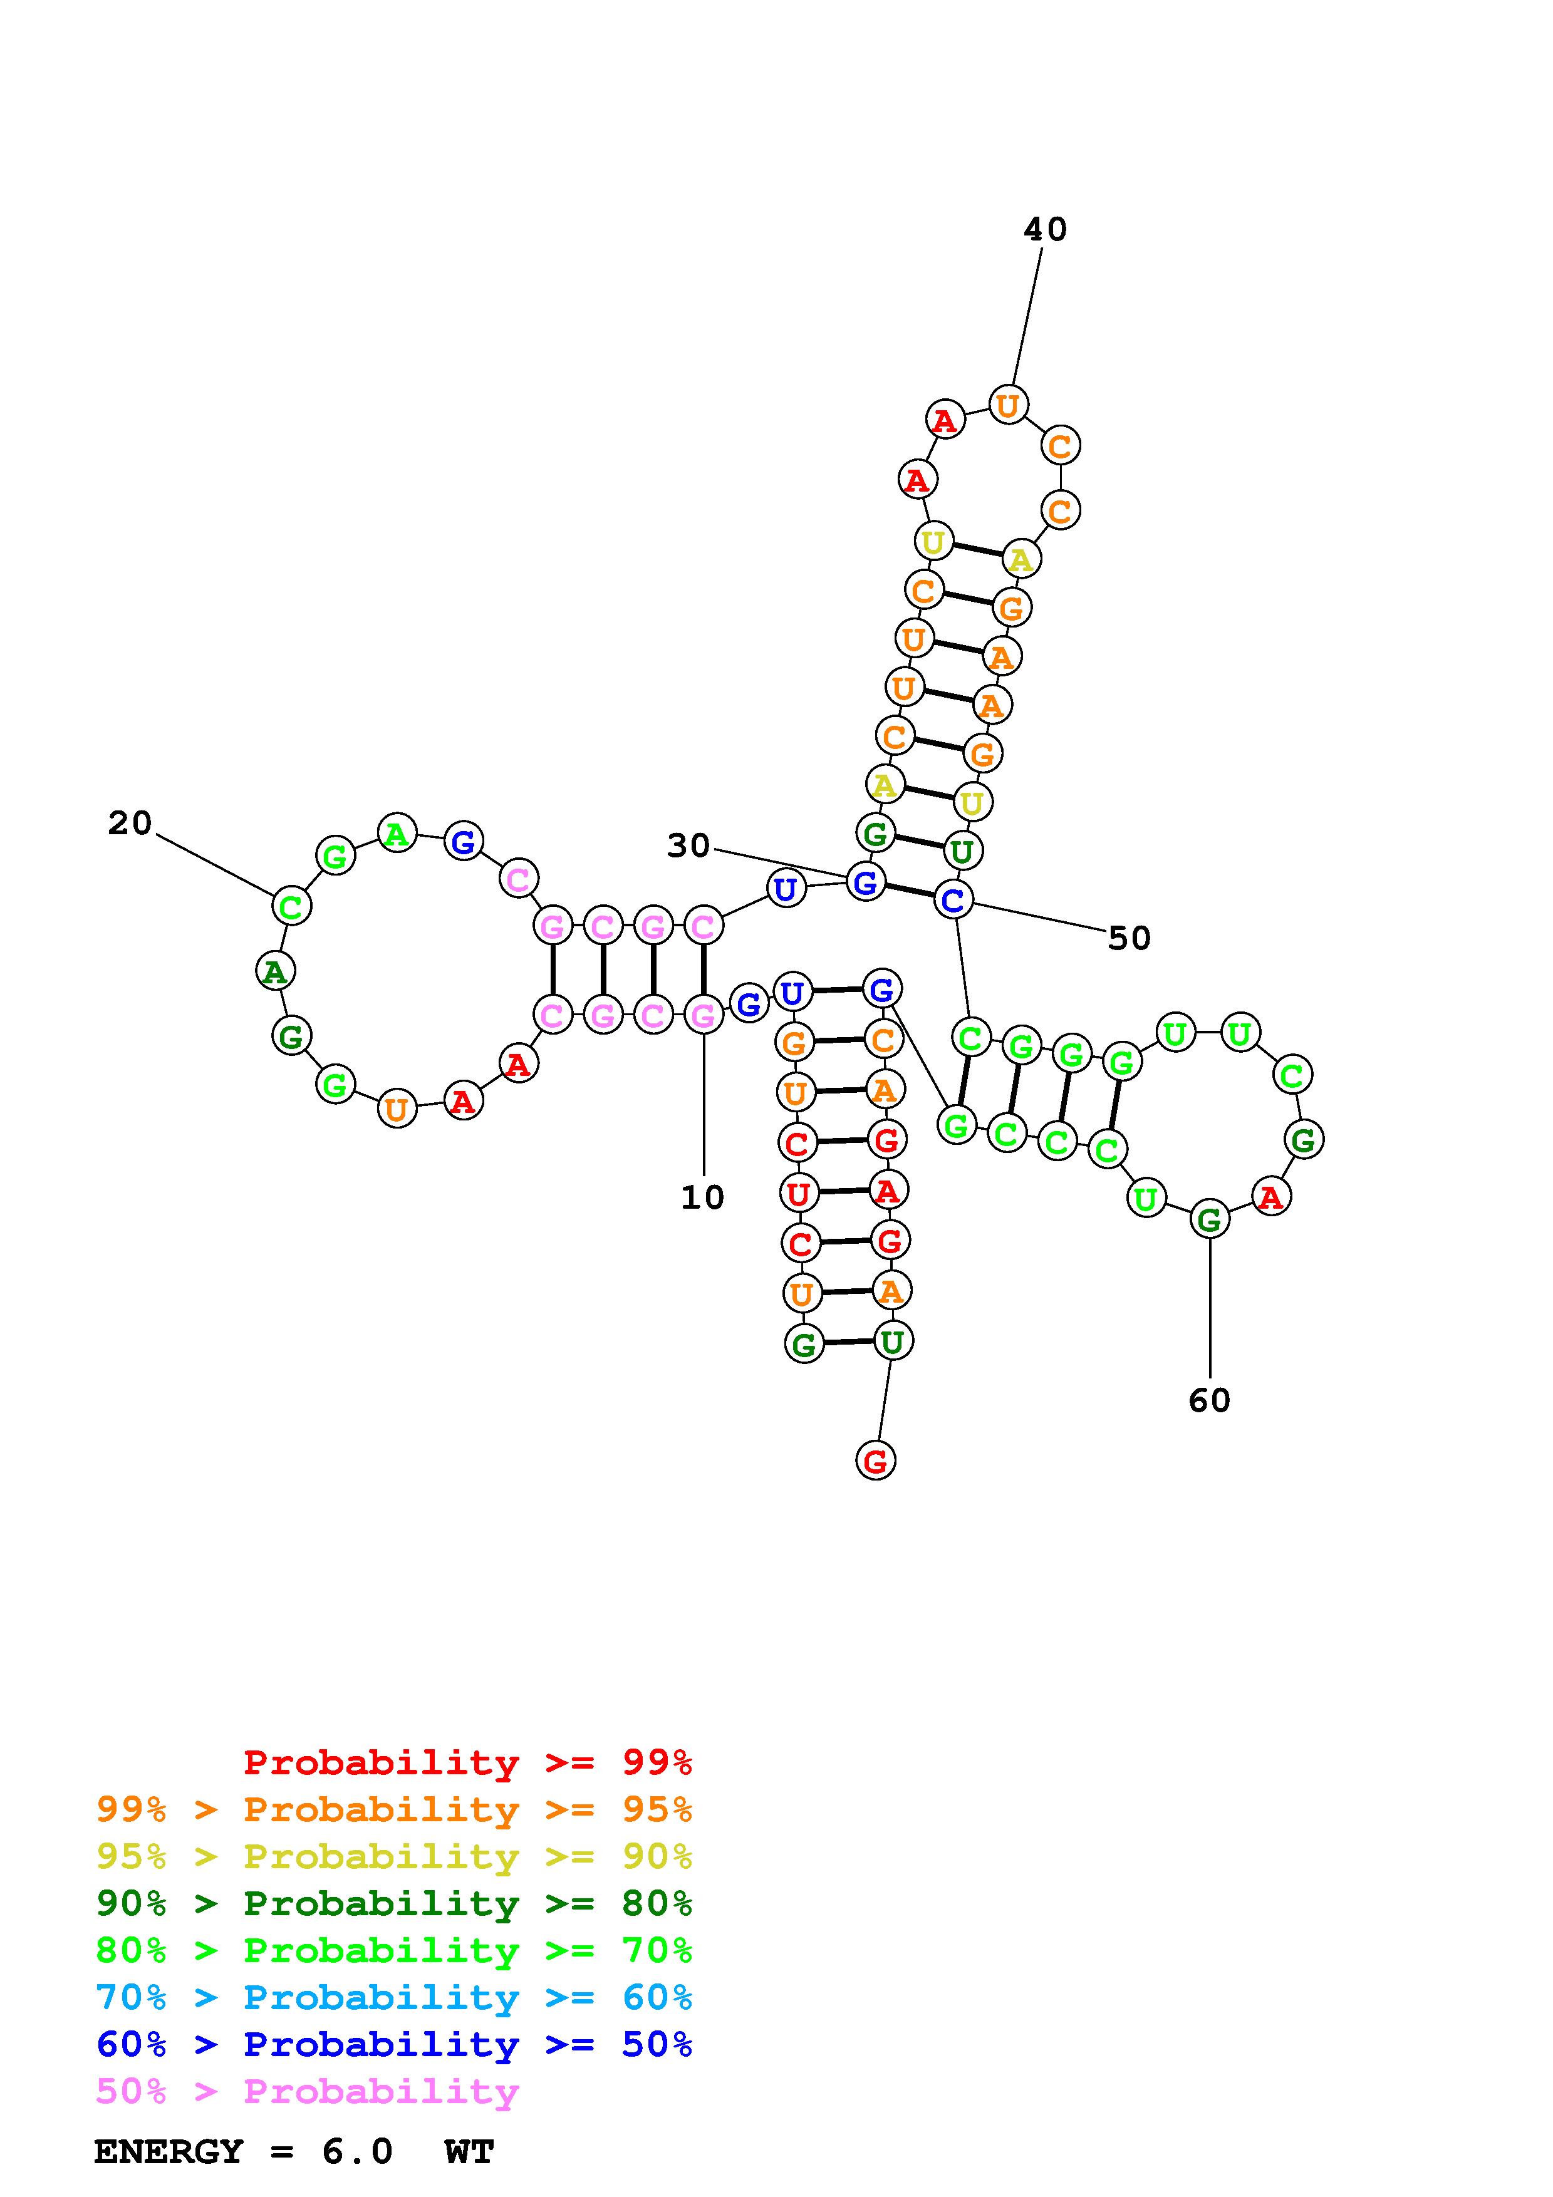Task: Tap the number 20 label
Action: (130, 823)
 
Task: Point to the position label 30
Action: (688, 846)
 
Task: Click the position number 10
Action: (702, 1197)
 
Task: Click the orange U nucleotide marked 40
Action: (1007, 406)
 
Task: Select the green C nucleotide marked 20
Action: (291, 905)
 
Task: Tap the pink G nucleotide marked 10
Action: (704, 1015)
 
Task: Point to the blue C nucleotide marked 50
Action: (953, 899)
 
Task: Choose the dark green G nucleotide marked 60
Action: (1210, 1220)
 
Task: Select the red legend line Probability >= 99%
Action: (467, 1762)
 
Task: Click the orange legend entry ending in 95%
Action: (394, 1809)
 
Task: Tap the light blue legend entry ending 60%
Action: (394, 1997)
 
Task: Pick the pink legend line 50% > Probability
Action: (307, 2091)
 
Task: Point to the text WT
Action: (469, 2152)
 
